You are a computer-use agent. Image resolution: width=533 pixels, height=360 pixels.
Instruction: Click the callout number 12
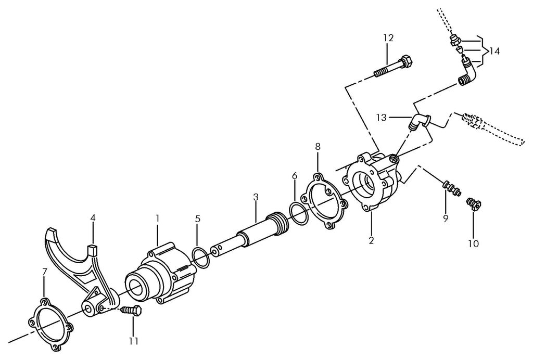(388, 38)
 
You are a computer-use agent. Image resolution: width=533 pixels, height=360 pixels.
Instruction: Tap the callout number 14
(494, 52)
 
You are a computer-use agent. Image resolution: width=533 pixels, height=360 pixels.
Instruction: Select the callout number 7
(45, 272)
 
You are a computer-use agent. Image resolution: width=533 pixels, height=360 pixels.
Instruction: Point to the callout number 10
(474, 243)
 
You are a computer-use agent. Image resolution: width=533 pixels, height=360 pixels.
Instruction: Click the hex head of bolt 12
(407, 61)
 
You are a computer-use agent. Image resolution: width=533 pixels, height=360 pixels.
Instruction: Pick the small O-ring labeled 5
(200, 258)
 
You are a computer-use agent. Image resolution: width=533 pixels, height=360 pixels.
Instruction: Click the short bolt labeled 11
(131, 311)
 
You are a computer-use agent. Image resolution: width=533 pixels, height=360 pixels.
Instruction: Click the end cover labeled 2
(372, 182)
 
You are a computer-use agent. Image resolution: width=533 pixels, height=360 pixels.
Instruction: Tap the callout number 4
(93, 217)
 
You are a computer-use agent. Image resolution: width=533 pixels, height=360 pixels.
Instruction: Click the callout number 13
(382, 118)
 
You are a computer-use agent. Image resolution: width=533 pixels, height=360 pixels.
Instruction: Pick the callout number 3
(256, 197)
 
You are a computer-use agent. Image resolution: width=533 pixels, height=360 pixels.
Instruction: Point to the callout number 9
(446, 218)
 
